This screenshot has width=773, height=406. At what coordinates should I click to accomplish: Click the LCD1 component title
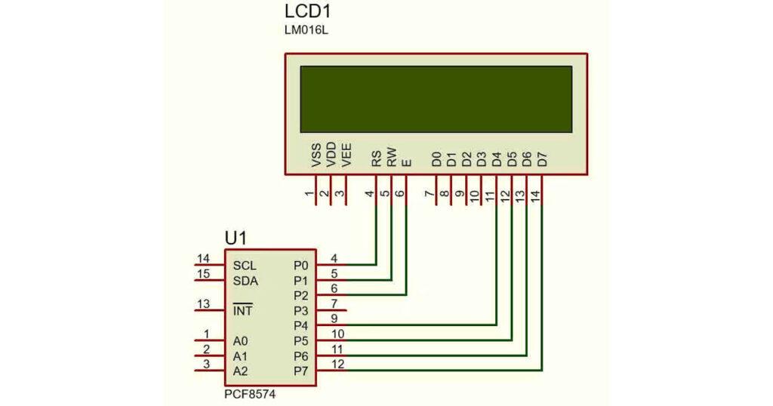coord(308,13)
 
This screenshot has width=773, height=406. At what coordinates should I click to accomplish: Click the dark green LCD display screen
coord(436,99)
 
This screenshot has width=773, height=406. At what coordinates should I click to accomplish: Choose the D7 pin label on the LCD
coord(541,158)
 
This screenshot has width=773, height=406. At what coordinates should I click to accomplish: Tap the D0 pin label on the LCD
coord(436,158)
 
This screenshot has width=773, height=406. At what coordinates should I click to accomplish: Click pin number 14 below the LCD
coord(535,195)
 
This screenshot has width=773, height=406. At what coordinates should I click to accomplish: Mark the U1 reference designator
coord(236,238)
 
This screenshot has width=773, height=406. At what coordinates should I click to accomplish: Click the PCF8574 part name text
coord(249,395)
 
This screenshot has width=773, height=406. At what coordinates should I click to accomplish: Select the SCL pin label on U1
coord(245,266)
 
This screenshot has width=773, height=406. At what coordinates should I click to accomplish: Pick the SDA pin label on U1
coord(245,281)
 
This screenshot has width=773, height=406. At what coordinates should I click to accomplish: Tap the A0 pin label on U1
coord(240,341)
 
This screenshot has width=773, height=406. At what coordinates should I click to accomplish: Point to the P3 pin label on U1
coord(300,311)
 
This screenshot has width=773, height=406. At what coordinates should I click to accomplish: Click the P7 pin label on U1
coord(300,371)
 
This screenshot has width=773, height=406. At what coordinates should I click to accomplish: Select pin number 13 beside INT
coord(203,304)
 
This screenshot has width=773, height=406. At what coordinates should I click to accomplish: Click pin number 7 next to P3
coord(334,303)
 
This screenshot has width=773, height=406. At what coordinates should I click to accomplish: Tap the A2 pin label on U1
coord(240,371)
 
